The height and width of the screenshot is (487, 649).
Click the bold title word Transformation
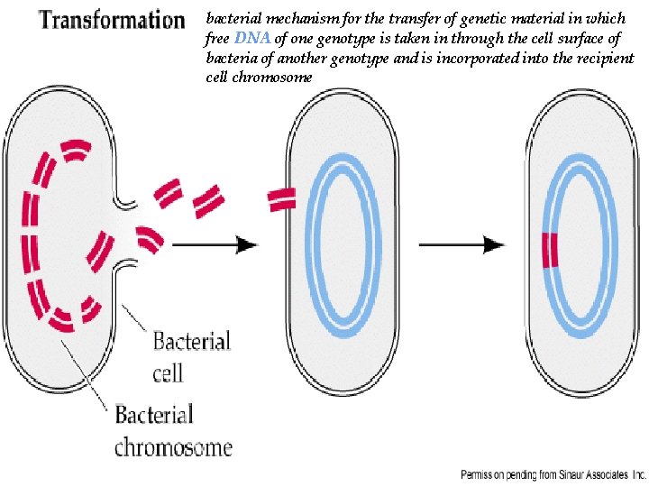111,20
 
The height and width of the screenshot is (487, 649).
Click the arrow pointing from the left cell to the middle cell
214,243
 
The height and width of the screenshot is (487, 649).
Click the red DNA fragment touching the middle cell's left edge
282,200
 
